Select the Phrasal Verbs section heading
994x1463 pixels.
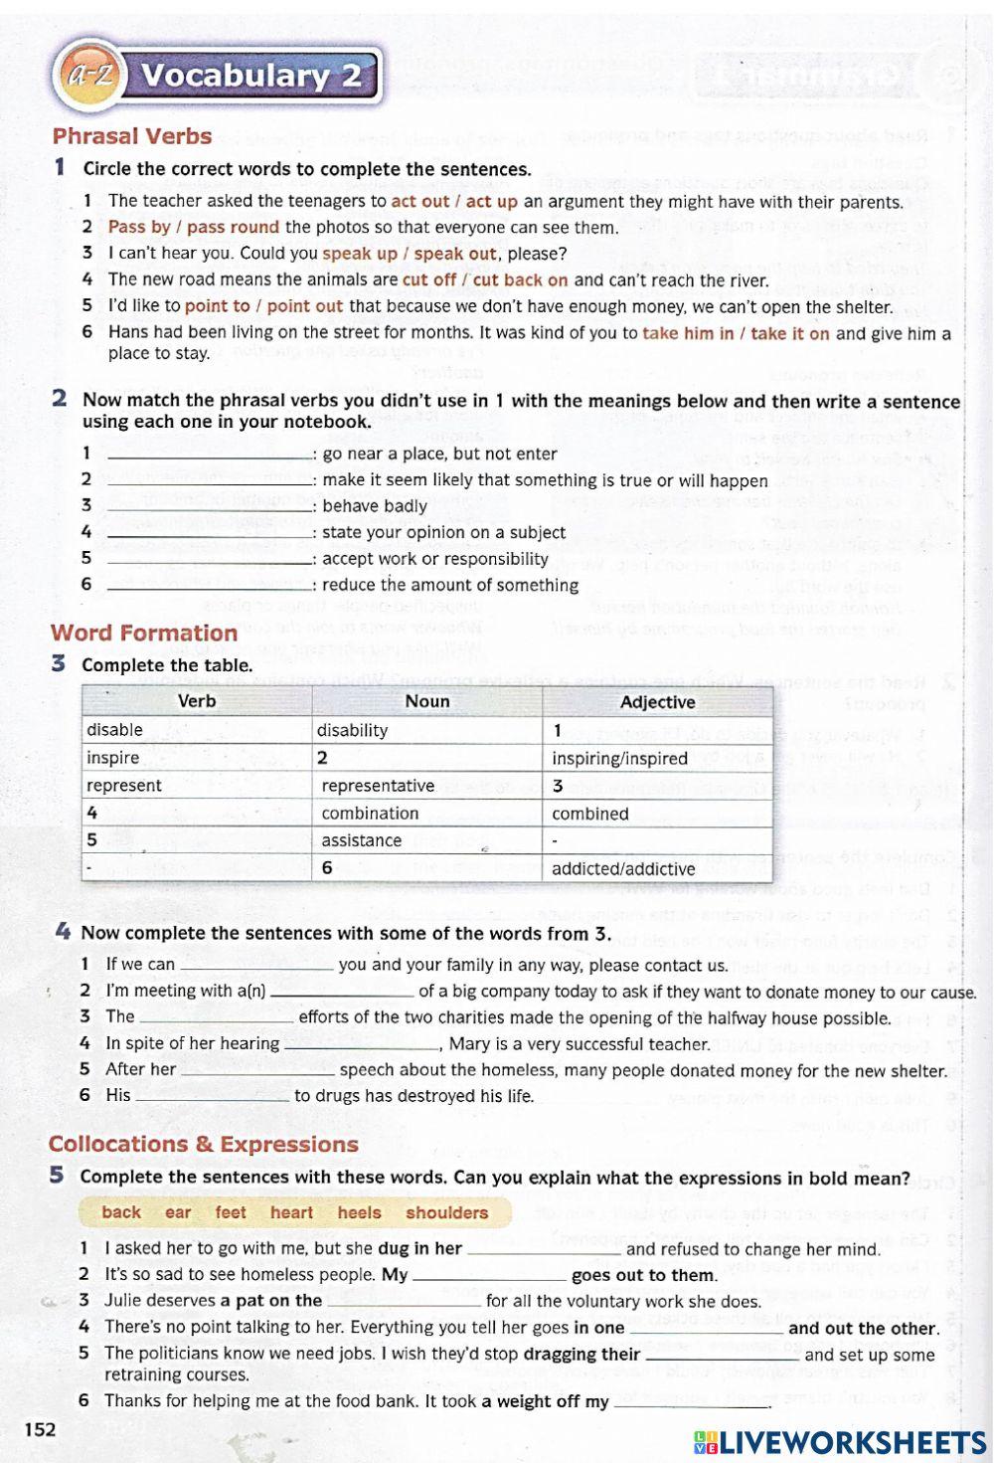132,136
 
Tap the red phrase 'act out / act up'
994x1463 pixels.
454,202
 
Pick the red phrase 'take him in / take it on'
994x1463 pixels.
736,333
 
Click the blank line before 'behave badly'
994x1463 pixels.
210,506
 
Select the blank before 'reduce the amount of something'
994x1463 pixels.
210,586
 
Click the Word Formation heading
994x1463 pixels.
144,633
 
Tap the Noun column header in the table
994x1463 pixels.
426,701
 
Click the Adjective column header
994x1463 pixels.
657,702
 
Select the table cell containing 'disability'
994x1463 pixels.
426,730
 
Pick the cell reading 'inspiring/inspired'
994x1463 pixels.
657,758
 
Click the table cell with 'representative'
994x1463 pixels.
426,786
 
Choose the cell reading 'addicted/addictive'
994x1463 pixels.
657,868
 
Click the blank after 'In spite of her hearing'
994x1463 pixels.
361,1044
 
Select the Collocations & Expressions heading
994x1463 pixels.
204,1144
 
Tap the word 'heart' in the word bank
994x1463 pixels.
291,1212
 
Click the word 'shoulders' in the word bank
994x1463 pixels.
446,1212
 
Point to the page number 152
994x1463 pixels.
40,1429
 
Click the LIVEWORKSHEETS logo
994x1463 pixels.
840,1442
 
